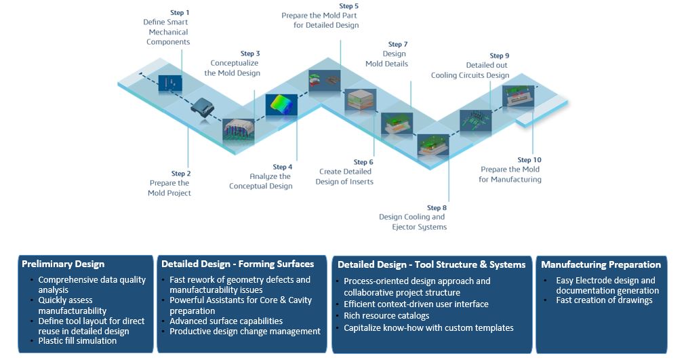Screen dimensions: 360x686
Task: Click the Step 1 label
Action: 179,12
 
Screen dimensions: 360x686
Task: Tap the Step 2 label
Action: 181,174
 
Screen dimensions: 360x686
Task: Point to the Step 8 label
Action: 437,207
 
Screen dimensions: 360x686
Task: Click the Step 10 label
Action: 529,160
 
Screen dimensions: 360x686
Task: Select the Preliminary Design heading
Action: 63,264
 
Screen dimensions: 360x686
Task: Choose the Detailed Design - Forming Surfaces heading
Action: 237,264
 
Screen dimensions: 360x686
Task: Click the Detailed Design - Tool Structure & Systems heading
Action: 431,264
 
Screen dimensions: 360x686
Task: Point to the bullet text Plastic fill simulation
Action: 77,340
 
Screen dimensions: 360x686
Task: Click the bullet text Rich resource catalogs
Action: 386,316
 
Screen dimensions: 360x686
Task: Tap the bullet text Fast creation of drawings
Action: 604,300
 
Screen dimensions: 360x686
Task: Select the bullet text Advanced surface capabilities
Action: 226,321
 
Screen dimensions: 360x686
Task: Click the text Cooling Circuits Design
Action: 470,75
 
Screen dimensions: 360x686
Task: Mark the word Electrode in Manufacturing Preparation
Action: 604,280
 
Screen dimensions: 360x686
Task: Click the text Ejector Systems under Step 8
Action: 419,227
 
